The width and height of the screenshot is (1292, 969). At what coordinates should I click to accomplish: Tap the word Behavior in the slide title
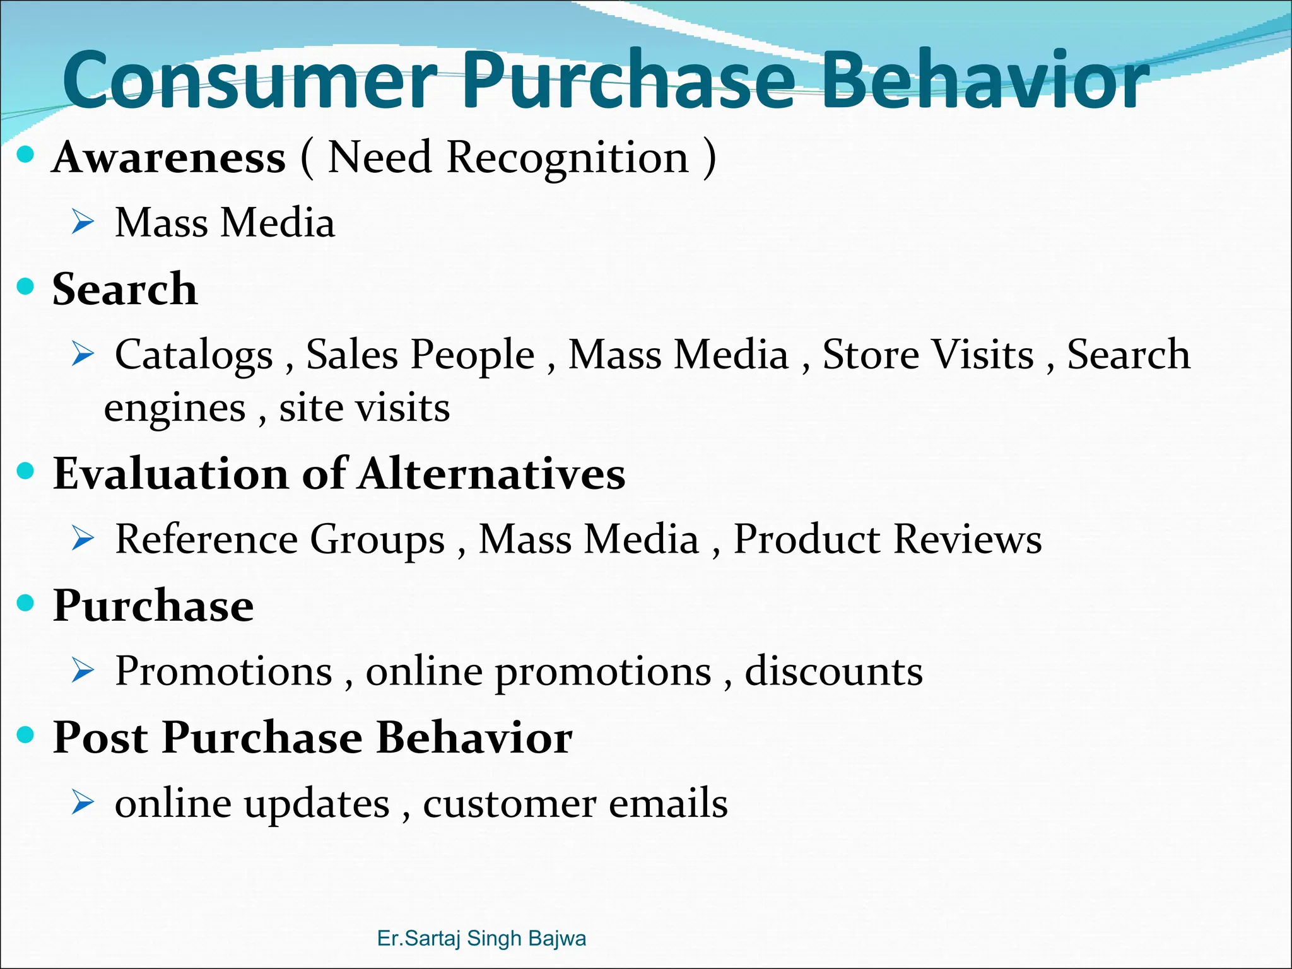pos(984,81)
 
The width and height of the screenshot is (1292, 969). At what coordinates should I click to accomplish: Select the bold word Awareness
pos(169,157)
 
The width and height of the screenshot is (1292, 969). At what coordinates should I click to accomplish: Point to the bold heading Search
pos(124,289)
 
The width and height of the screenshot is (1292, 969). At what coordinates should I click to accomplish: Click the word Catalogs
pos(194,355)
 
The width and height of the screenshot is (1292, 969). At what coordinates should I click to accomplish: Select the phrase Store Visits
pos(928,355)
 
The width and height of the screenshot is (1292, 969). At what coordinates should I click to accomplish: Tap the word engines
pos(175,408)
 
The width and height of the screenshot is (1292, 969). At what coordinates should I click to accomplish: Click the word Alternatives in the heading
pos(492,474)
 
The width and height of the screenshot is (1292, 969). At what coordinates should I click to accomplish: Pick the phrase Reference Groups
pos(280,539)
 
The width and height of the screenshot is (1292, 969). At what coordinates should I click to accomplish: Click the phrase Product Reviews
pos(887,539)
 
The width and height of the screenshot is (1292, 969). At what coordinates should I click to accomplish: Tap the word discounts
pos(833,671)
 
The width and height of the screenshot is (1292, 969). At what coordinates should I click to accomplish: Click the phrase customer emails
pos(575,804)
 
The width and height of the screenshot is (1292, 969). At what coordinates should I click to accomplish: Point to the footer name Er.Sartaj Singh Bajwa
pos(481,938)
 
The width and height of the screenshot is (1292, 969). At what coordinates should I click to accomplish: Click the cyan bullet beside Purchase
pos(25,602)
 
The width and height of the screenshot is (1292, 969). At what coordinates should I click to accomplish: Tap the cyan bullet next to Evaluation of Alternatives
pos(25,471)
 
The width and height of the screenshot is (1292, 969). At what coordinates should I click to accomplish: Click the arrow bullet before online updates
pos(83,802)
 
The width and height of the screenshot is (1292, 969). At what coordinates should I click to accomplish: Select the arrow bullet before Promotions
pos(83,670)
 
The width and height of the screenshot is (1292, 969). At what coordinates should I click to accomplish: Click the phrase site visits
pos(365,408)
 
